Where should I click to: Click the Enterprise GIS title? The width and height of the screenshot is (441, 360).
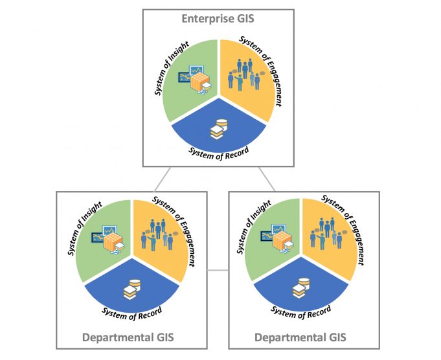click(218, 19)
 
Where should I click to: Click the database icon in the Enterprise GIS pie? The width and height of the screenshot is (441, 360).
click(218, 128)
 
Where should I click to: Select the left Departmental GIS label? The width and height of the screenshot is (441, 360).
click(128, 337)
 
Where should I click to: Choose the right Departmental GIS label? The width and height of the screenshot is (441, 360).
click(300, 337)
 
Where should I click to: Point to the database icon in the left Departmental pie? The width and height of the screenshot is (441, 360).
click(132, 289)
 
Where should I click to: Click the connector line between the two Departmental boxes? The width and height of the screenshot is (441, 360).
click(218, 269)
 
